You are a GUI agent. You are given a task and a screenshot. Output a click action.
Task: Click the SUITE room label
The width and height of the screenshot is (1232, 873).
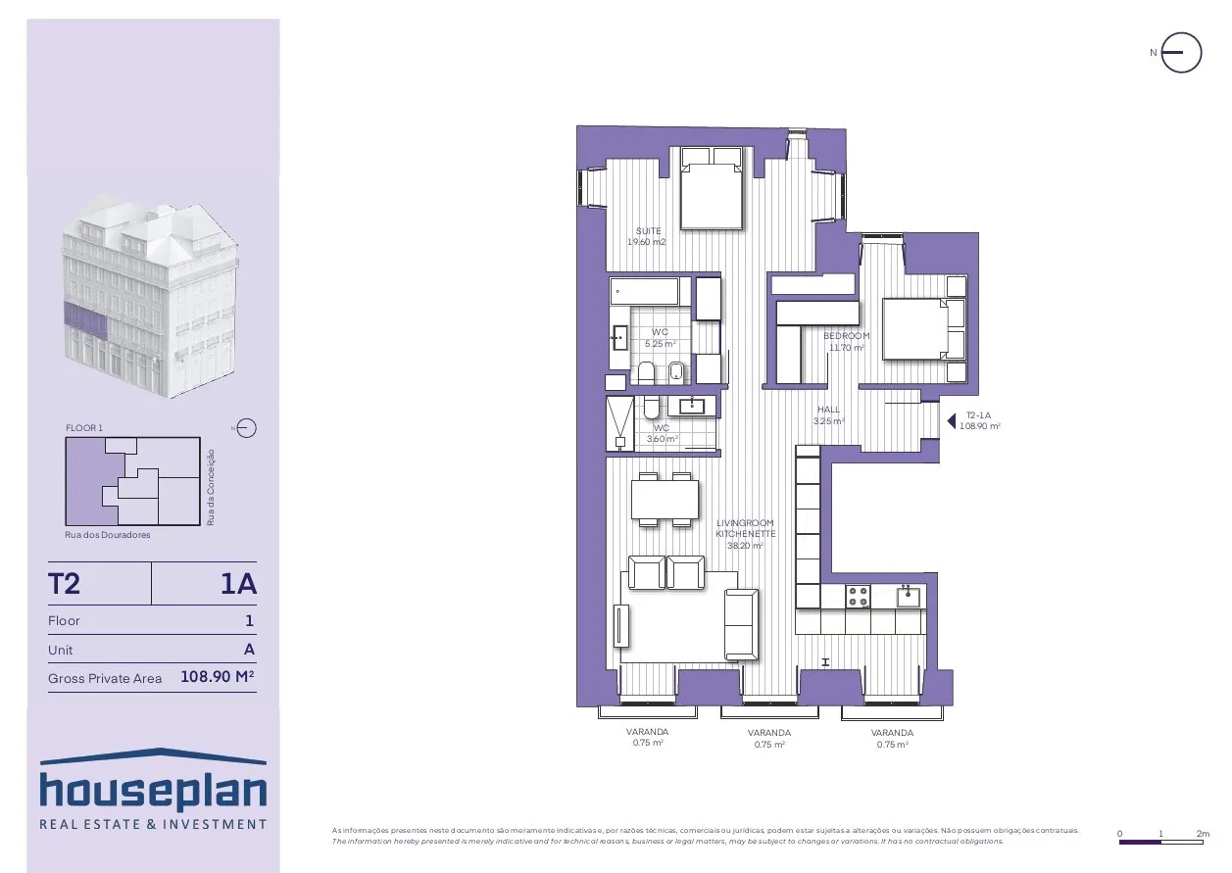[648, 231]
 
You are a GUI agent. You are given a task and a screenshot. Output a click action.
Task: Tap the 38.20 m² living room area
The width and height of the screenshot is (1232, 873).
[745, 546]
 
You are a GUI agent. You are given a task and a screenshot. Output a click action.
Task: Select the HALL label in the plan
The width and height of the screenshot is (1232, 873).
[828, 410]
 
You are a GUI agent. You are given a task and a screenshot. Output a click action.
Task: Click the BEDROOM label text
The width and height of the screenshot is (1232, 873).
[847, 336]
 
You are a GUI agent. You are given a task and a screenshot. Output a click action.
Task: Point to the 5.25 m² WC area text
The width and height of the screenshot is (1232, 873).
[660, 344]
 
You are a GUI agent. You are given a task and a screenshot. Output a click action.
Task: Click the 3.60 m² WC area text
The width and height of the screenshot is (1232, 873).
[663, 439]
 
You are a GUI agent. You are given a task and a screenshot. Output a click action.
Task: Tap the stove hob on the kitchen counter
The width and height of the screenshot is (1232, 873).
[858, 597]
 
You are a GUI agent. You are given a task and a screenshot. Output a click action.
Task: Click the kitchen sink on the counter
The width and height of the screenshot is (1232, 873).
[908, 596]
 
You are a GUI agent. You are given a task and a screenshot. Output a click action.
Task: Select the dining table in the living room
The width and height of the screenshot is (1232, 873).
[665, 499]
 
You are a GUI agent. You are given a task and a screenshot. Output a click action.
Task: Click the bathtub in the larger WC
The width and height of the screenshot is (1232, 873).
[644, 291]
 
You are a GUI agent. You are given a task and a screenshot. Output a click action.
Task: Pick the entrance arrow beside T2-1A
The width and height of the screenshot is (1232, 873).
[951, 421]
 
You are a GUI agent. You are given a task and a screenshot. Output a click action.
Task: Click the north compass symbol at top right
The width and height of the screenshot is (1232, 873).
[1181, 53]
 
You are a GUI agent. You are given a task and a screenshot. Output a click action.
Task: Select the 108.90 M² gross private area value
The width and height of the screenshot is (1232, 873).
[218, 676]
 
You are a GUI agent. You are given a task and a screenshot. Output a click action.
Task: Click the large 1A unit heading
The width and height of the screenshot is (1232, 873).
[239, 583]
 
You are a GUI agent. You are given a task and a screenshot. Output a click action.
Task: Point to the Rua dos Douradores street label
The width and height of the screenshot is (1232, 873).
[107, 535]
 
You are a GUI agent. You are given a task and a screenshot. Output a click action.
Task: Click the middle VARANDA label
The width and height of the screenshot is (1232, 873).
[769, 733]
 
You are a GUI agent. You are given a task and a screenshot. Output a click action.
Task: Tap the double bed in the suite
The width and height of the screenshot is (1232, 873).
[712, 187]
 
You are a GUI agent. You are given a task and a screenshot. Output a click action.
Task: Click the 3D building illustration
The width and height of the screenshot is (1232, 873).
[151, 296]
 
